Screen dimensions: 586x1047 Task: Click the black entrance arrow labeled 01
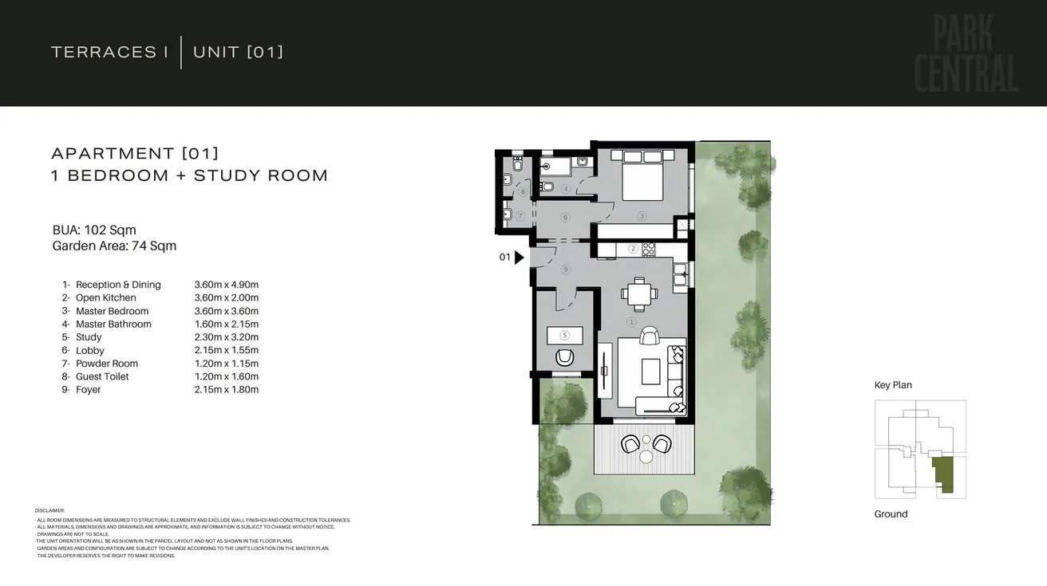(520, 258)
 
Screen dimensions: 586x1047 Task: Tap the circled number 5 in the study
(564, 336)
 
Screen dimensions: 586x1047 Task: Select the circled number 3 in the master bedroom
(641, 216)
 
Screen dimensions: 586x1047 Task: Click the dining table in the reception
(639, 293)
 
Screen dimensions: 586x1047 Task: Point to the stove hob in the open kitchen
(649, 249)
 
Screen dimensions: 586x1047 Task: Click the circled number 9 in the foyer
(565, 269)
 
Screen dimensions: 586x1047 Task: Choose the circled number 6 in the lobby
(565, 217)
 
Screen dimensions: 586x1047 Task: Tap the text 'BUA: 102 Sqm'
(94, 230)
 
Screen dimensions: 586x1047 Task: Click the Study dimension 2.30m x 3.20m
(226, 337)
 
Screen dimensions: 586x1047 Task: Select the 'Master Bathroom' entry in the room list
(113, 324)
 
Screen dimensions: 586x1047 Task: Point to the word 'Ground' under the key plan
(891, 514)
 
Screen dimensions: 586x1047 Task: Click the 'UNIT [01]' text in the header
(238, 53)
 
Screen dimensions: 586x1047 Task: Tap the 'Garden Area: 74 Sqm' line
(114, 246)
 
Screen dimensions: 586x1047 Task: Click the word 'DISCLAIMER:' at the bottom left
(49, 510)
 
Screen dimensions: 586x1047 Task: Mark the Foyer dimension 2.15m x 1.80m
(226, 390)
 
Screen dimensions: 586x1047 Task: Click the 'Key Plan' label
(893, 385)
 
